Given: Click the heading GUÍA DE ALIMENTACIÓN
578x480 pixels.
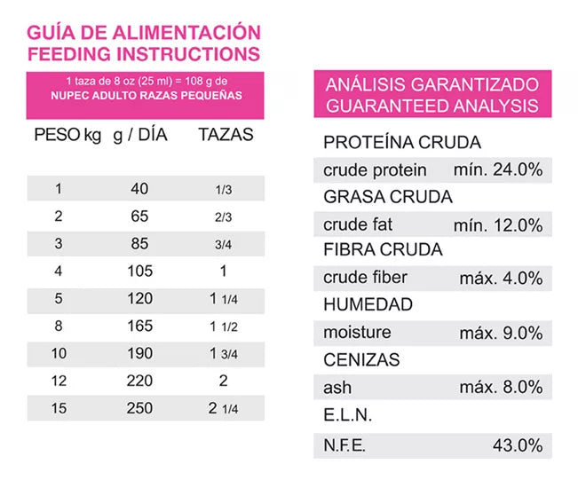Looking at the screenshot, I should pos(145,33).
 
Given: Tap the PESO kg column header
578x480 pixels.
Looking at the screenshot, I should pos(67,135).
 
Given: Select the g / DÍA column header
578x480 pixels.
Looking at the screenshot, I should pos(140,135).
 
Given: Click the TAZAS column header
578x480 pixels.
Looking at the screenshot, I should pos(225,135).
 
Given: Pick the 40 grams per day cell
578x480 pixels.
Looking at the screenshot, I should pos(139,189).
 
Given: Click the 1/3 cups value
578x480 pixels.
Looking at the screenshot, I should pos(224,190).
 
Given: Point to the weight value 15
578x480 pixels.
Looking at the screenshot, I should pos(59,408).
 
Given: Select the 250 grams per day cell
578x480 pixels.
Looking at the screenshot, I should pos(139,408).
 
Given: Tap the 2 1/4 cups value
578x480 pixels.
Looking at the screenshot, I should pos(224,408).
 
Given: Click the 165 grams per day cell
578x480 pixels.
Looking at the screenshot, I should pos(139,326).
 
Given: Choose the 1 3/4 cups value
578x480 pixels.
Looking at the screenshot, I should pos(224,353).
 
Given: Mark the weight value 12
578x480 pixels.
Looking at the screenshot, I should pos(59,381).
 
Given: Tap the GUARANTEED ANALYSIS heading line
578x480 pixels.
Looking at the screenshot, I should pos(432,106).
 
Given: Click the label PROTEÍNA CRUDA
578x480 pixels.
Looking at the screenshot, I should pos(402,142).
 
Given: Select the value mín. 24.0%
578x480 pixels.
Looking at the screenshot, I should pos(497,169).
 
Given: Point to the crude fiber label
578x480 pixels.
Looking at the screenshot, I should pos(365,278).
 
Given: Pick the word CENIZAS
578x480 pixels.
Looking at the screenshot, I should pos(361,360).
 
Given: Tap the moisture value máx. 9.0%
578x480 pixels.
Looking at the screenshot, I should pos(501,333).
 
